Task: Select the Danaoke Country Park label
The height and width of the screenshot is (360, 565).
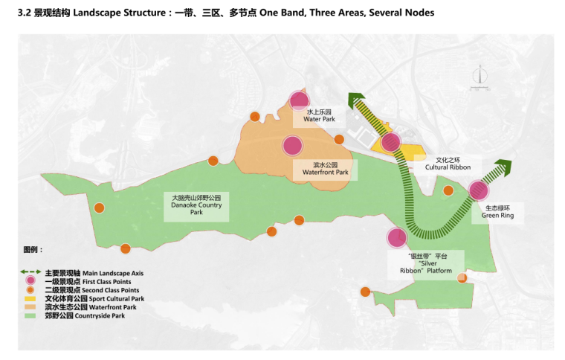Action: (196, 205)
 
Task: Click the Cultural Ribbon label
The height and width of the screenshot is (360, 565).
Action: (453, 164)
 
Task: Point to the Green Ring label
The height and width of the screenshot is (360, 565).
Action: (497, 212)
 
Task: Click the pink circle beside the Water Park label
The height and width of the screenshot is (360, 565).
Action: (299, 100)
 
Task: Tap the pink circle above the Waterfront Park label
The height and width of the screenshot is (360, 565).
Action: (292, 145)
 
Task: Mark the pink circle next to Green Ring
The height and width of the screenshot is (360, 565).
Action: (479, 190)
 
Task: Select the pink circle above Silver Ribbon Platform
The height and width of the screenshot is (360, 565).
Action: (397, 238)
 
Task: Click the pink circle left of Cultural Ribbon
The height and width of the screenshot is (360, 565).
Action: (390, 142)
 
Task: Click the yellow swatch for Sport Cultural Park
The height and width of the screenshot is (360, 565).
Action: (30, 298)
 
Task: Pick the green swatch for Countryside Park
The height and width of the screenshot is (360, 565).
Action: (30, 315)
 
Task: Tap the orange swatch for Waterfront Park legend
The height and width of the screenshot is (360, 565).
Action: (30, 306)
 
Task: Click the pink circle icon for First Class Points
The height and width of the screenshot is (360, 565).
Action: (30, 281)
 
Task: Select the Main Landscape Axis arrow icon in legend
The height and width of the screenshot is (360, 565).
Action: (30, 273)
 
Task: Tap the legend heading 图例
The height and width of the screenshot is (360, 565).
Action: (33, 250)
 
